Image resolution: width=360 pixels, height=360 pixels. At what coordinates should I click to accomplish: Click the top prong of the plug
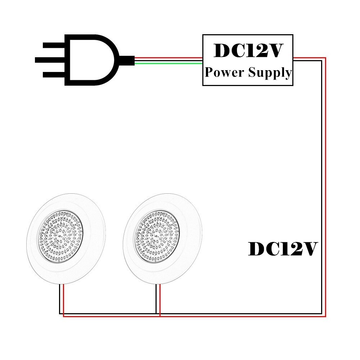[54, 45]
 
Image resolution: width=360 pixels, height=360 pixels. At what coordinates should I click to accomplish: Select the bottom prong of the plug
[54, 75]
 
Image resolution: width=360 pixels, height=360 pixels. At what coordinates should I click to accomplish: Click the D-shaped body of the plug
[90, 60]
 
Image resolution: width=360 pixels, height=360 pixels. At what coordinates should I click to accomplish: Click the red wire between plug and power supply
[169, 57]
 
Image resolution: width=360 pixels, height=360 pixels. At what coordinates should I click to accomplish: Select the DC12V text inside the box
[248, 51]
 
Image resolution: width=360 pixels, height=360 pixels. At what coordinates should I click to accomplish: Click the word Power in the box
[224, 73]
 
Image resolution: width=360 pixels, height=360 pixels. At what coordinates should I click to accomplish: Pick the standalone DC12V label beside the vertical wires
[283, 249]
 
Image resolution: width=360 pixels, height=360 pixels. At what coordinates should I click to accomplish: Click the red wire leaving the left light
[63, 299]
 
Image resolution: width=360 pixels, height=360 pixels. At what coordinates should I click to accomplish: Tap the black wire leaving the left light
[60, 299]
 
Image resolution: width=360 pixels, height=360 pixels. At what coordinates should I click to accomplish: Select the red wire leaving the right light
[160, 299]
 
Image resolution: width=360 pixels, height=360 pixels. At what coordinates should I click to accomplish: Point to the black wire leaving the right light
[156, 299]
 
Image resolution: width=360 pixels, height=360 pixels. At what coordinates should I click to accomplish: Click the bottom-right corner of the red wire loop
[325, 316]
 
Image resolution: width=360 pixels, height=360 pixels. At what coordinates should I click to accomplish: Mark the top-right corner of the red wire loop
[325, 58]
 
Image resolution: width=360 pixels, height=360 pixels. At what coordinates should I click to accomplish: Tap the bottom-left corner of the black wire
[60, 313]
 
